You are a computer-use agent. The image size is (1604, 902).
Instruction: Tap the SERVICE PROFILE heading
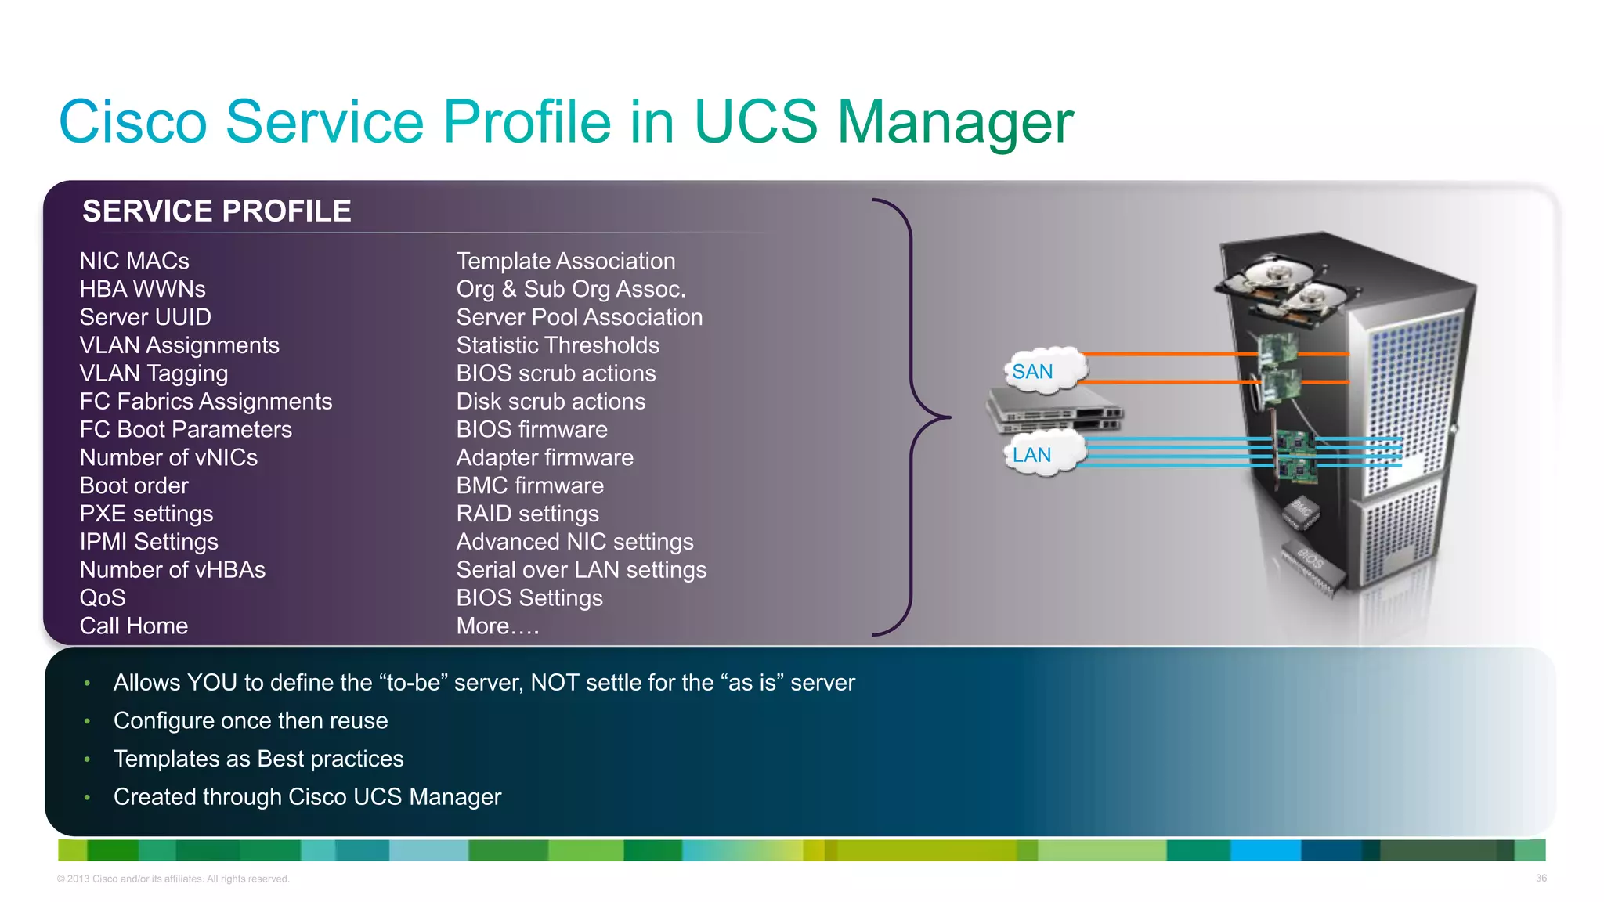[216, 211]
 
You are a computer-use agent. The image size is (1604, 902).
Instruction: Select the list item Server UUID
[145, 317]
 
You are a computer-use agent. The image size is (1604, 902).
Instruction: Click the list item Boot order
[134, 485]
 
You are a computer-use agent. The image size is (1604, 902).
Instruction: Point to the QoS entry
[103, 598]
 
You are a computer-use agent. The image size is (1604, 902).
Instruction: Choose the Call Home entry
[134, 626]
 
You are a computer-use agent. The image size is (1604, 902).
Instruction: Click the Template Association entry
[565, 261]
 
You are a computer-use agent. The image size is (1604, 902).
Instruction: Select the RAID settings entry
[527, 514]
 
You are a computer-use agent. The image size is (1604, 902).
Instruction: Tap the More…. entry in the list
[497, 626]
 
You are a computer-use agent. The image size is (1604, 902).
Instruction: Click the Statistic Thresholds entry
[558, 345]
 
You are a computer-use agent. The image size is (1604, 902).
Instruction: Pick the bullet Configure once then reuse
[251, 720]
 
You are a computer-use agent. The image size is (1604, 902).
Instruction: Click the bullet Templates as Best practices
[258, 759]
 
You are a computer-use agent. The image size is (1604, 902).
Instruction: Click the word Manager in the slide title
[955, 123]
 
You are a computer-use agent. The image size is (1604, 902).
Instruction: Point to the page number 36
[1541, 879]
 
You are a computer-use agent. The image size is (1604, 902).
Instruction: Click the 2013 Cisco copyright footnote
[173, 879]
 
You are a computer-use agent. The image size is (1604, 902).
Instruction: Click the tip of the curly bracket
[948, 417]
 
